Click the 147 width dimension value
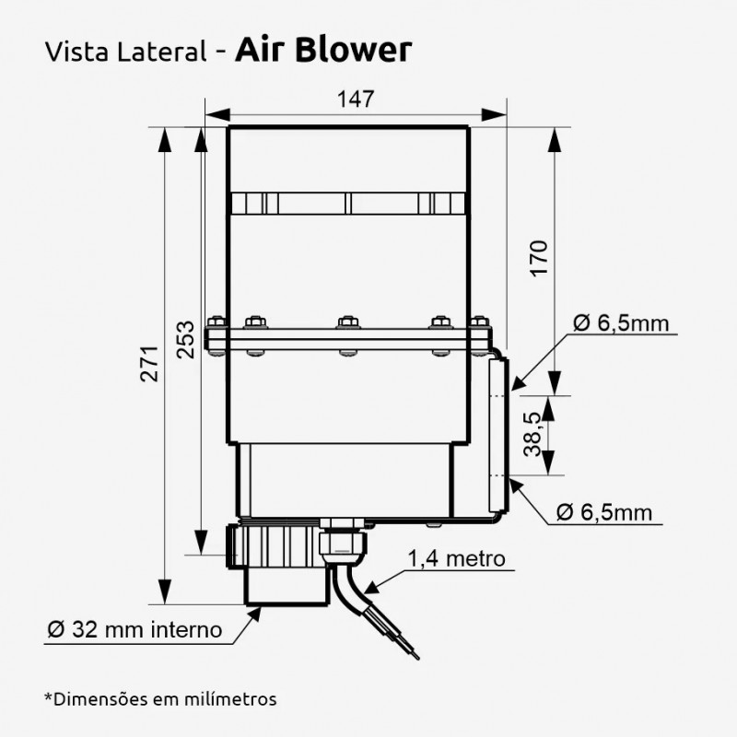tap(356, 99)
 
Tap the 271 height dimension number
tap(150, 364)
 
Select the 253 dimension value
tap(186, 339)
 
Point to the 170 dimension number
tap(539, 258)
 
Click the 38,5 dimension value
tap(533, 434)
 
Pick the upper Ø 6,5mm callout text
tap(621, 323)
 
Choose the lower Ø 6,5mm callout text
tap(604, 512)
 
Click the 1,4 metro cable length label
tap(456, 559)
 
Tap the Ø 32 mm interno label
tap(135, 629)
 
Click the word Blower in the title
tap(354, 50)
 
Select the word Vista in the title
tap(77, 52)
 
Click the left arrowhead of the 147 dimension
tap(217, 114)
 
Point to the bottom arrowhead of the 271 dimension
tap(164, 591)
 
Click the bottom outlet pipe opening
tap(286, 603)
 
